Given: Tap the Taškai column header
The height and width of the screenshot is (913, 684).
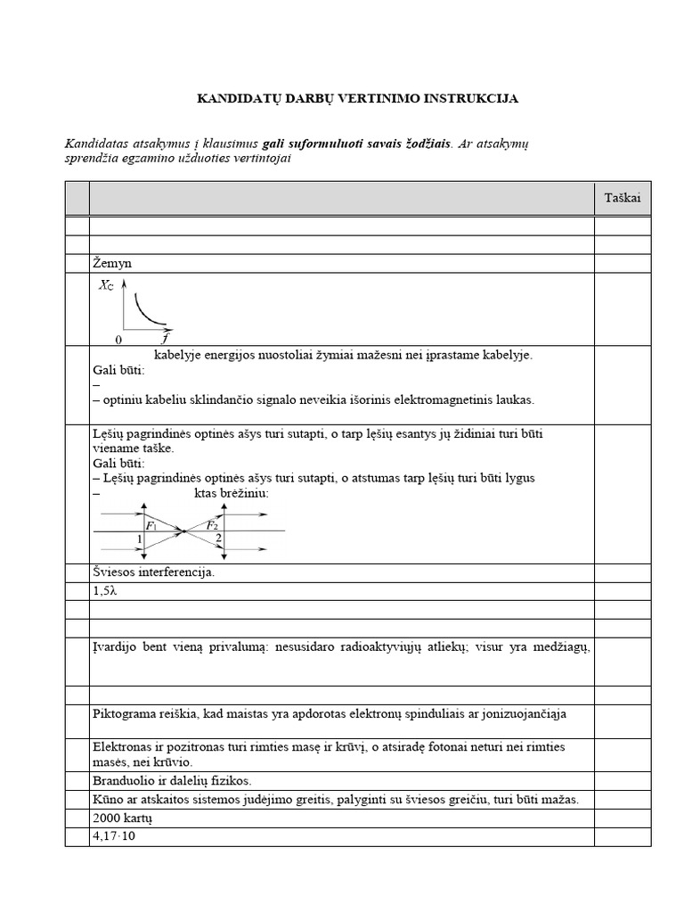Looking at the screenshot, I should [x=623, y=199].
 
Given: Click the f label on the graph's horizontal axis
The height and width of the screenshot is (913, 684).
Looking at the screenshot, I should [x=166, y=339].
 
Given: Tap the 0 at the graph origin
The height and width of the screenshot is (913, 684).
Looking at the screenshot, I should [x=118, y=340].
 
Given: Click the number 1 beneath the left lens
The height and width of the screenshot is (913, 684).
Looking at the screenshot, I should [x=140, y=539].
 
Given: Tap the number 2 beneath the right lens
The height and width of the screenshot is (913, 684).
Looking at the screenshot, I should [x=218, y=539].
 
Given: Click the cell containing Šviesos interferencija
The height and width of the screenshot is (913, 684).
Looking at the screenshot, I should [x=153, y=572].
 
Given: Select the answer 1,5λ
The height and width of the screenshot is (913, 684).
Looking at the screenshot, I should [x=106, y=591].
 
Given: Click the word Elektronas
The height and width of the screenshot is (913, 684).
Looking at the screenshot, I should [x=123, y=746].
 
